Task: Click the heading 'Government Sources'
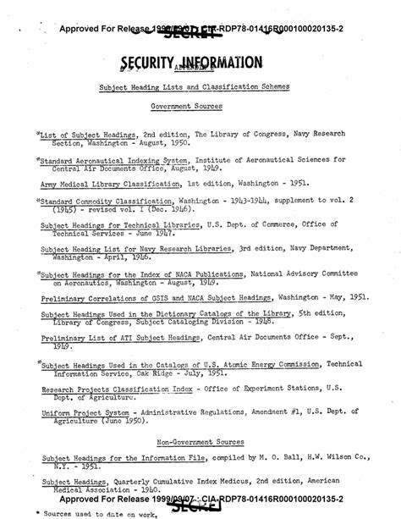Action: pos(199,108)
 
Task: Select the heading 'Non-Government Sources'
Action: pos(200,441)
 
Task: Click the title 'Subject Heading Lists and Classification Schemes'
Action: pos(199,87)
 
